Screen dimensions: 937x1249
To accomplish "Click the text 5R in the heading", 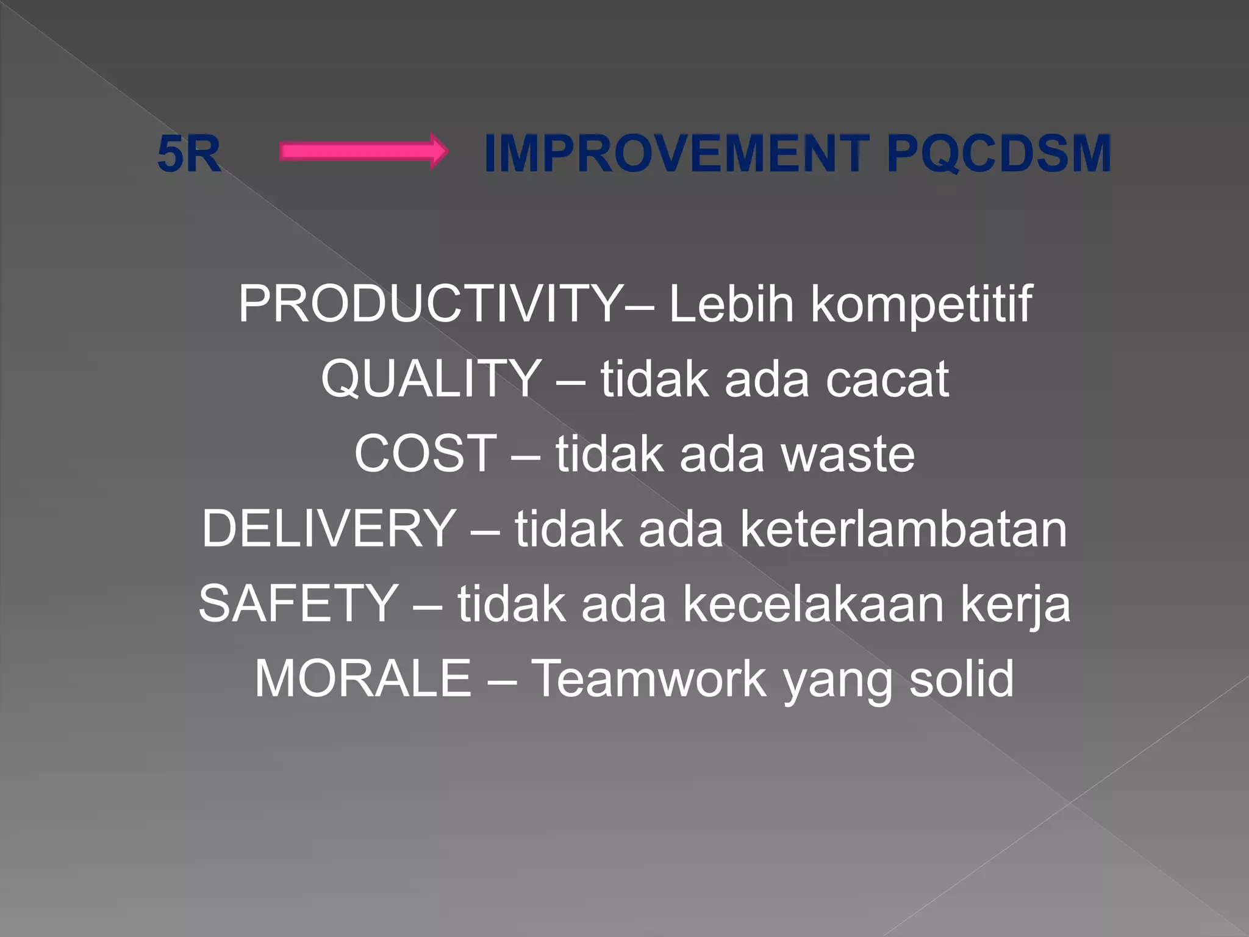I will coord(188,154).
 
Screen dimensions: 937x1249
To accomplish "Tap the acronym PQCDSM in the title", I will coord(998,154).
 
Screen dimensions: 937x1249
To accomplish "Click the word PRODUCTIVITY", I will coord(430,304).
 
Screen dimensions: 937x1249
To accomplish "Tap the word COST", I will coord(425,453).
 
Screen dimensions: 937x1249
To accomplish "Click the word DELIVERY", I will coord(328,528).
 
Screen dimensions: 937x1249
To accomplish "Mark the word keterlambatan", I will coord(903,529).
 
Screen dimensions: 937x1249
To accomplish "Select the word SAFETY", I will coord(298,603).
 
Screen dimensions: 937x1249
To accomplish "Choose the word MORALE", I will coord(363,678).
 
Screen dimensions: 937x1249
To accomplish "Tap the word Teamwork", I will coord(649,678).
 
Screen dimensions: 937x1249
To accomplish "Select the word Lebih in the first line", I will coord(731,304).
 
